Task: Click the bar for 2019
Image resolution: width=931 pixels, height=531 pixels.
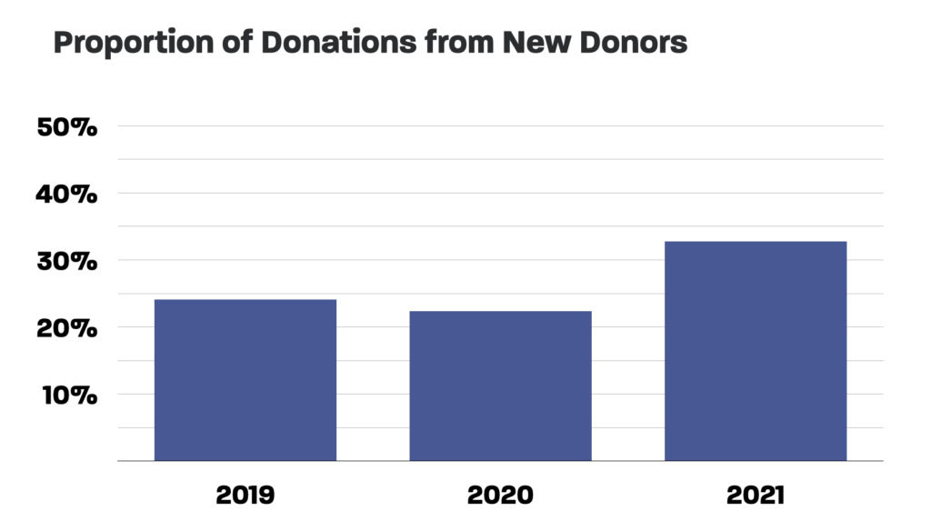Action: [x=245, y=380]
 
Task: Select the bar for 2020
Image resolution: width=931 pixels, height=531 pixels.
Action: [x=500, y=386]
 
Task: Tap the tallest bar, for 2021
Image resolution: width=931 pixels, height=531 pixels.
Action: [x=756, y=351]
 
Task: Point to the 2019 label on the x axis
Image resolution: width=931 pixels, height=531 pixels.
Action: [x=245, y=496]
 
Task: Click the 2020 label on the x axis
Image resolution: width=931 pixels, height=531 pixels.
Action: [x=500, y=496]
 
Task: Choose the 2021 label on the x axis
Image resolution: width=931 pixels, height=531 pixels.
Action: [x=756, y=496]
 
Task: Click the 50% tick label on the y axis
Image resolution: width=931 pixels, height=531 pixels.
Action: [x=67, y=127]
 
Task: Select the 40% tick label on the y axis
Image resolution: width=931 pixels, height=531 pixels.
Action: [x=67, y=194]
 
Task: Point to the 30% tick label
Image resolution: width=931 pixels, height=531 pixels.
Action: [x=67, y=261]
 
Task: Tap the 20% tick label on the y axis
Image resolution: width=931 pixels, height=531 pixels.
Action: [x=67, y=328]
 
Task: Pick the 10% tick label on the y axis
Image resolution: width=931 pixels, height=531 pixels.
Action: [x=67, y=395]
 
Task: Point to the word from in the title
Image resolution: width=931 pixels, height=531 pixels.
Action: [x=446, y=43]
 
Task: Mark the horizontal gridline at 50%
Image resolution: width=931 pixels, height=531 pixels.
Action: [x=500, y=126]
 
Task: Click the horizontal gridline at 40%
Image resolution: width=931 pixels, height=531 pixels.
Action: [x=500, y=193]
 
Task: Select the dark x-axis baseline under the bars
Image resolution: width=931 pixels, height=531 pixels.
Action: [x=500, y=462]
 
